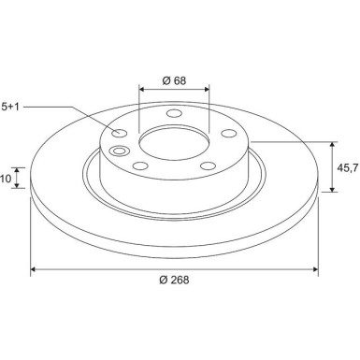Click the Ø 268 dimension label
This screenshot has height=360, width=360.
[175, 281]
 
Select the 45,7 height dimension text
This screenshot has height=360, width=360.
[346, 167]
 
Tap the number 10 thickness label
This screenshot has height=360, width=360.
[5, 178]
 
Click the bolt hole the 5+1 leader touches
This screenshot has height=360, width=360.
[122, 132]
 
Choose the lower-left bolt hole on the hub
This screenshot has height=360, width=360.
[139, 167]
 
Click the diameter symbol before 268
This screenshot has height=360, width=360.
[163, 281]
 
